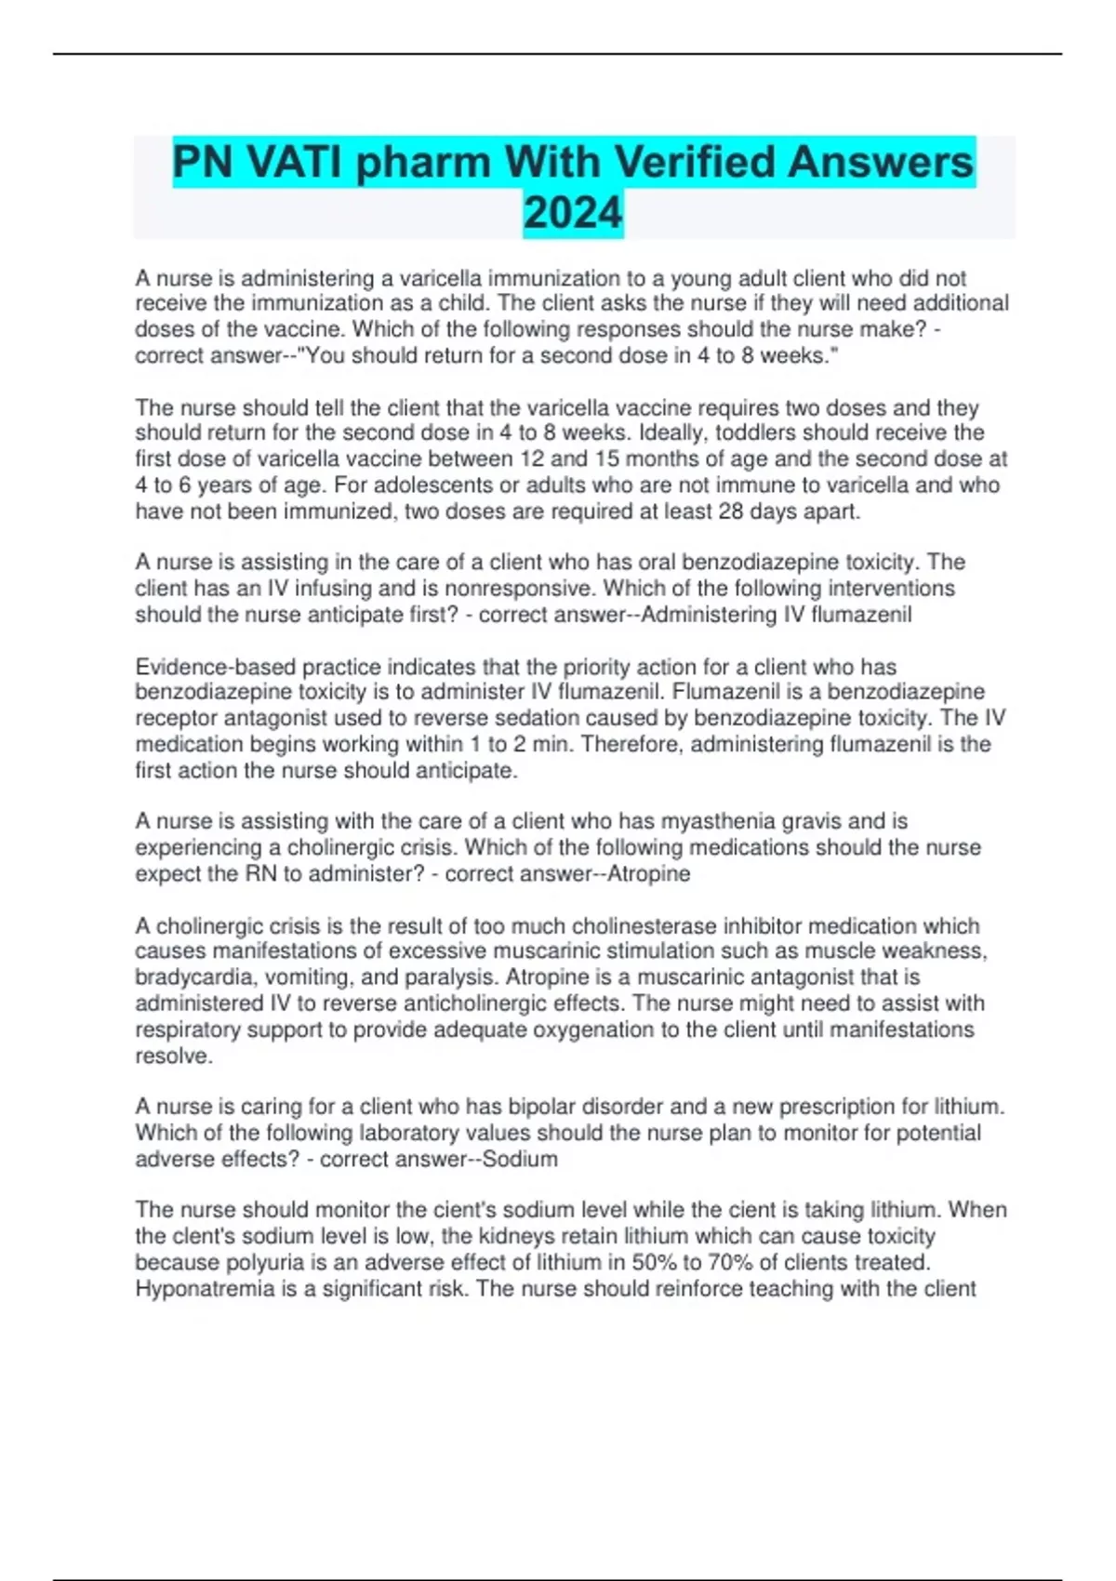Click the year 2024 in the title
click(x=572, y=213)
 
